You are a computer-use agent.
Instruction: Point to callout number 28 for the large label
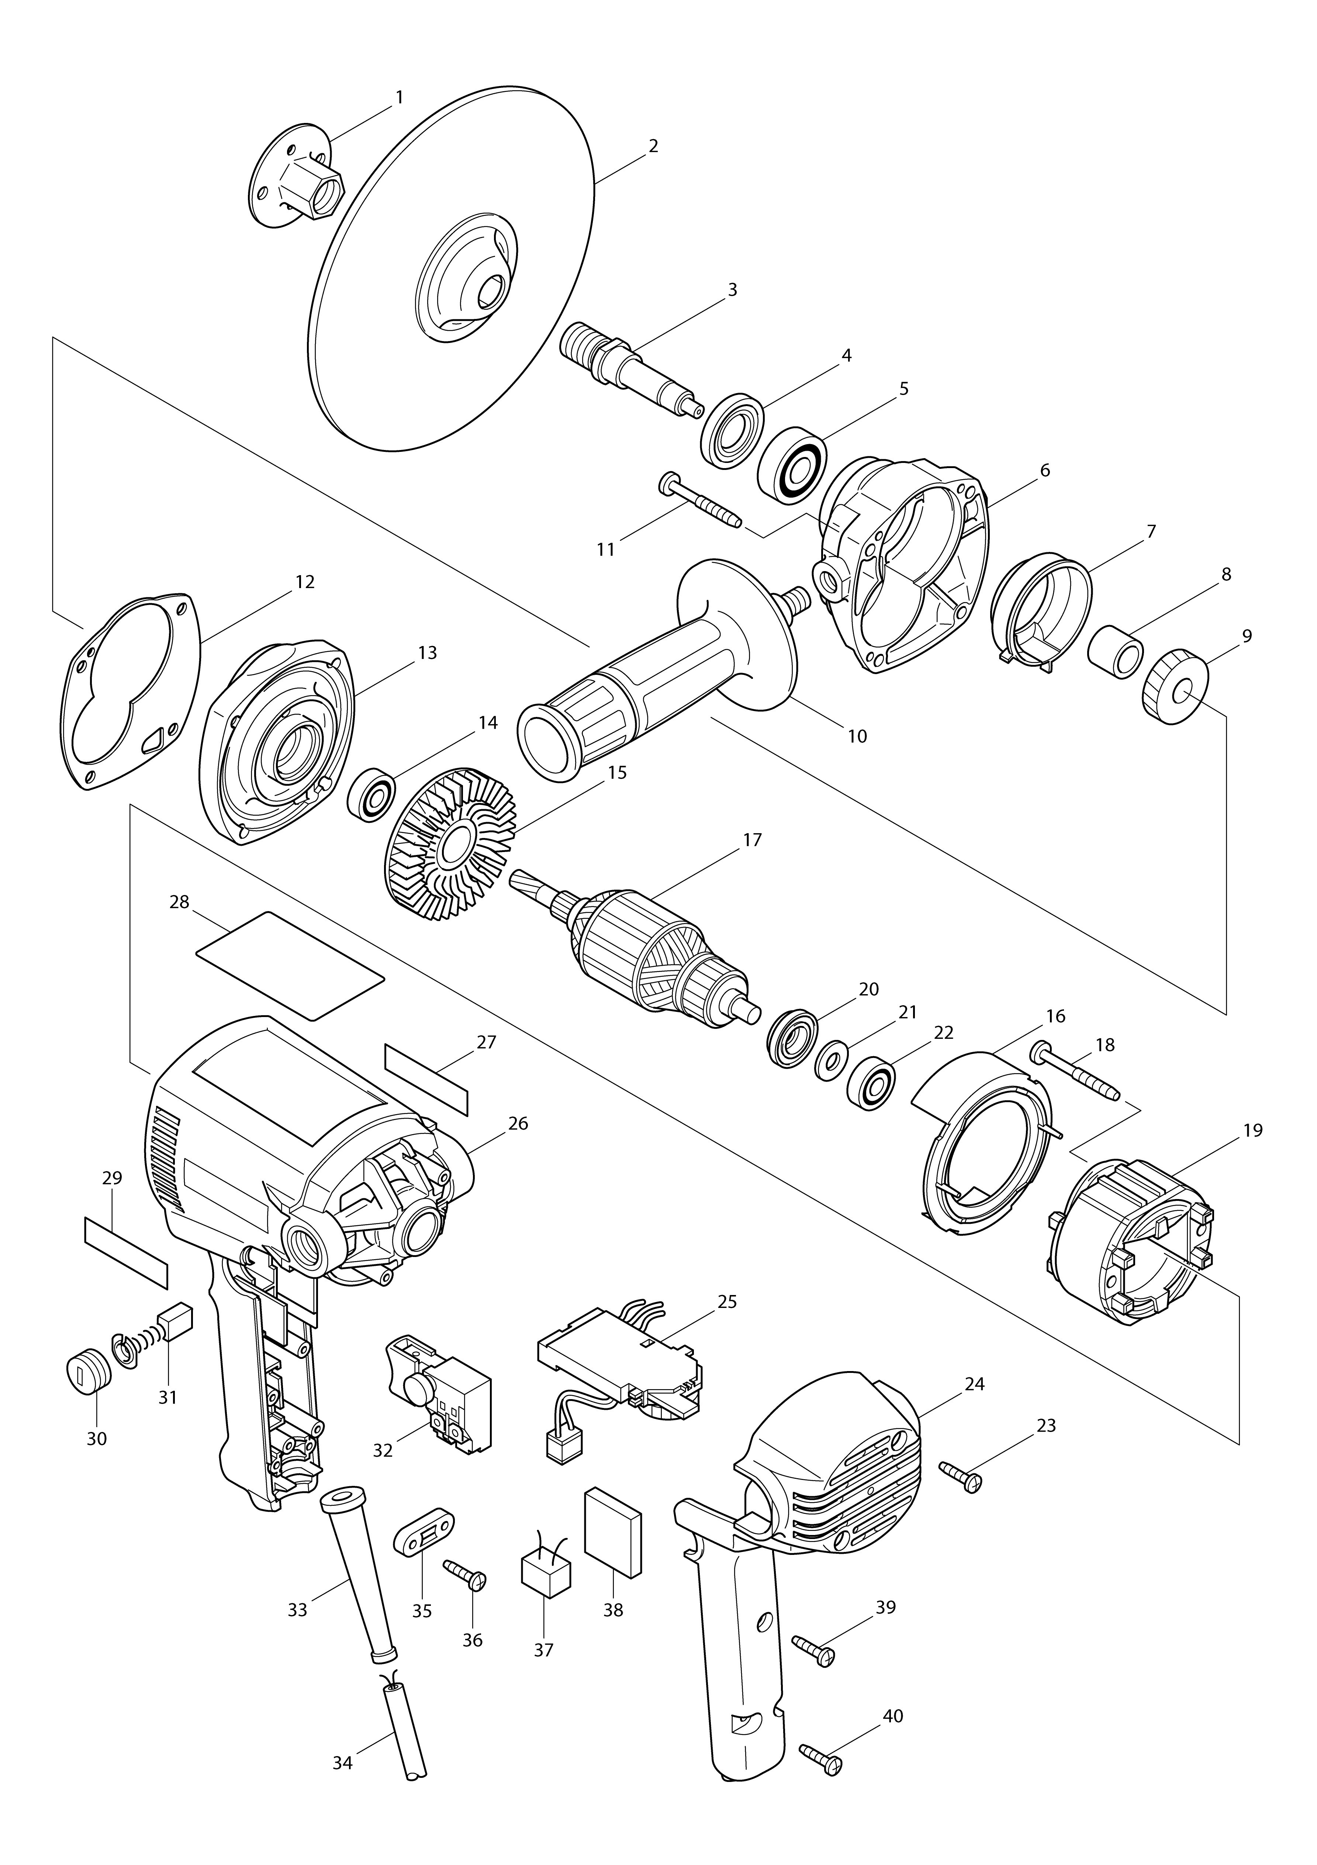tap(179, 901)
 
